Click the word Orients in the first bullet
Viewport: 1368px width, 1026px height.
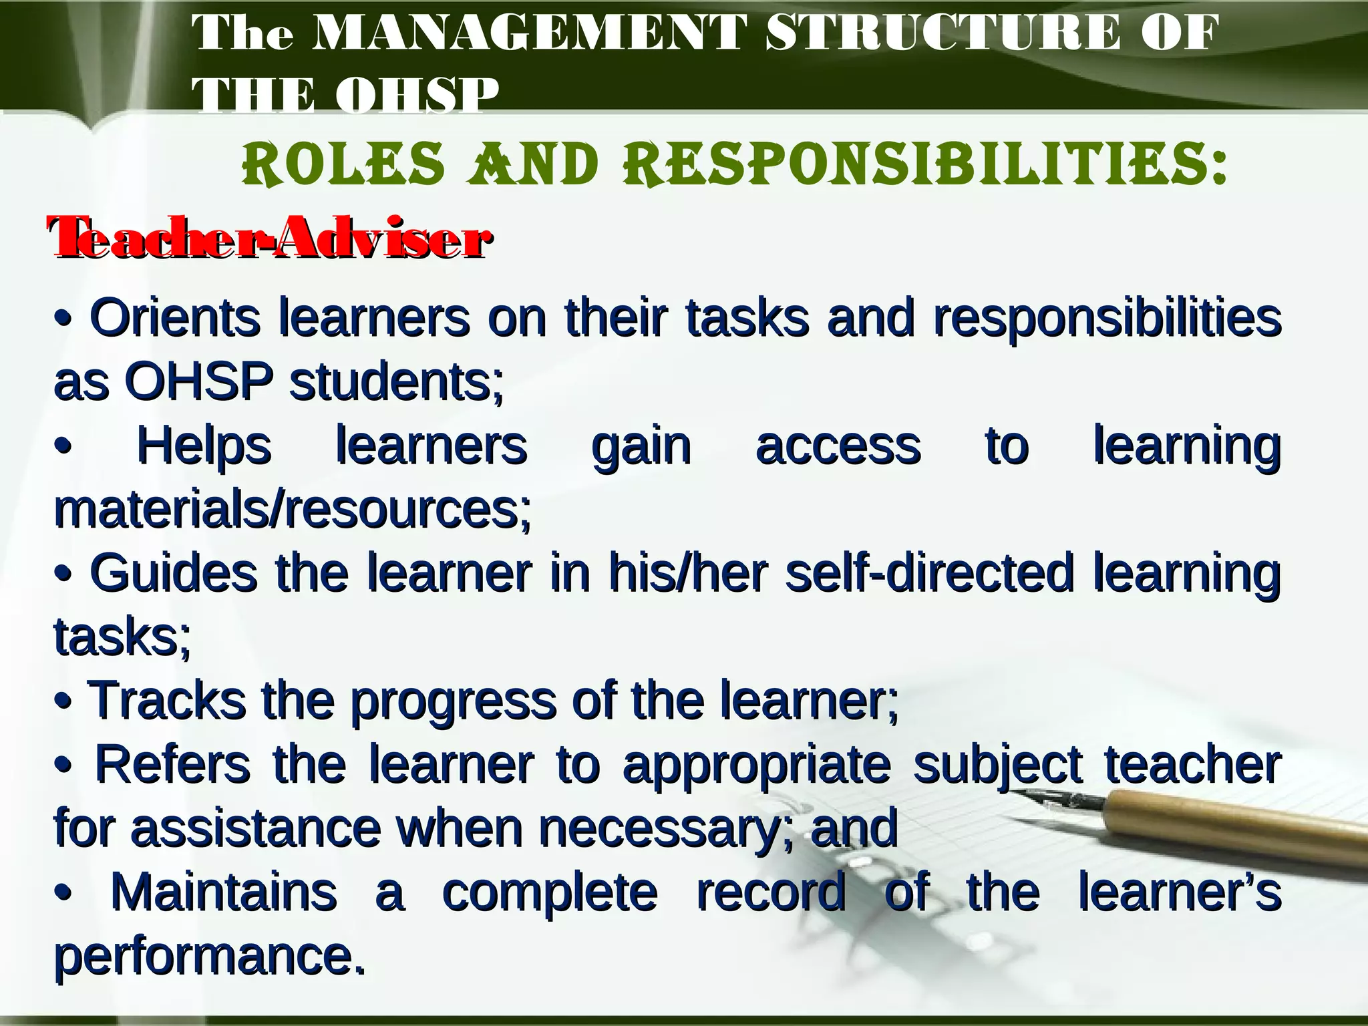click(175, 318)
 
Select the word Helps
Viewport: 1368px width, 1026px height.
click(204, 446)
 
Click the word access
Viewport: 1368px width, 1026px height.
click(838, 446)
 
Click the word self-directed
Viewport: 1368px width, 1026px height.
click(929, 573)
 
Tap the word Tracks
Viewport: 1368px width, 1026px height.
click(166, 700)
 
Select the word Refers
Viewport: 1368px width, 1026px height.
click(173, 763)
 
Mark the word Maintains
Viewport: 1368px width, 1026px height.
click(224, 892)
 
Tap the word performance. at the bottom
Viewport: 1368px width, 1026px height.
click(210, 957)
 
